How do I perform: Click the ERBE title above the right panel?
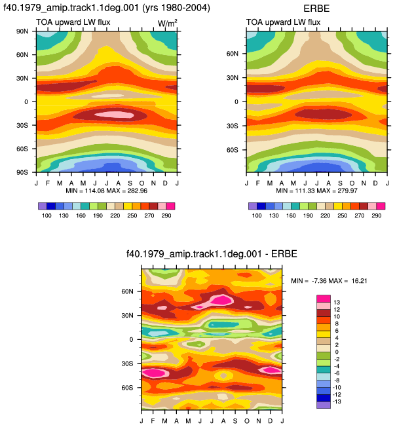tap(316, 9)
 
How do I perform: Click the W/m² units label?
tap(168, 23)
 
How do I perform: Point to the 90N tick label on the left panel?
tap(22, 31)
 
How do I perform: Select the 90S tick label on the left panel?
tap(22, 172)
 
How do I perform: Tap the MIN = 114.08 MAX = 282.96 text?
tap(107, 191)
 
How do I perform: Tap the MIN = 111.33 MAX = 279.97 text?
tap(316, 191)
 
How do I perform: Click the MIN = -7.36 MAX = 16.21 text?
tap(329, 280)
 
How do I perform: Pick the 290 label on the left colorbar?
tap(166, 215)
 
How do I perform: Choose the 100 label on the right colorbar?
tap(257, 215)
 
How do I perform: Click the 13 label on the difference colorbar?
tap(337, 303)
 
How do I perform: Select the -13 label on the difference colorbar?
tap(337, 401)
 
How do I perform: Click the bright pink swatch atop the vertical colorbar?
tap(324, 299)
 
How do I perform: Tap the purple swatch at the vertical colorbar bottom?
tap(324, 405)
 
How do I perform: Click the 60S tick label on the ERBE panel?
tap(233, 150)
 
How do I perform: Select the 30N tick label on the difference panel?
tap(128, 316)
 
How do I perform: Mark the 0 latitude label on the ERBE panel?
tap(236, 102)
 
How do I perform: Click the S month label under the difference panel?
tap(235, 421)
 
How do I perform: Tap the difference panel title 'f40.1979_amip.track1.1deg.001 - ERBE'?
tap(212, 254)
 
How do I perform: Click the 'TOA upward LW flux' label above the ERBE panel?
tap(283, 22)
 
